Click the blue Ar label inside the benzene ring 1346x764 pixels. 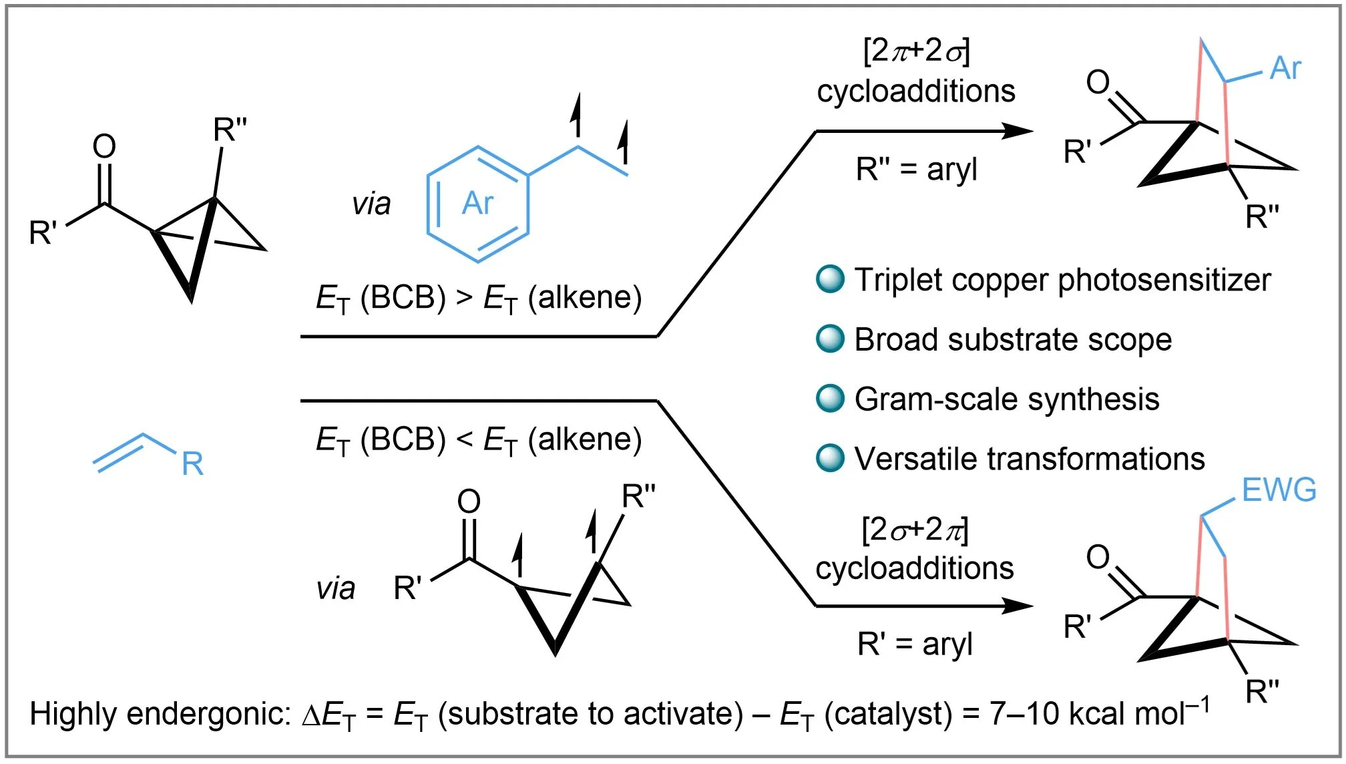click(x=478, y=203)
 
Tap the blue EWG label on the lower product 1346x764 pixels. click(x=1279, y=490)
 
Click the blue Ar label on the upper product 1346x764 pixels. click(x=1285, y=68)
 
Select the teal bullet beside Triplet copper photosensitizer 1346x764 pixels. click(x=830, y=279)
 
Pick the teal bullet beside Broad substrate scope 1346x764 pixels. click(x=830, y=339)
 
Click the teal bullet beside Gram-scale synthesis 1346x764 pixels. click(x=830, y=399)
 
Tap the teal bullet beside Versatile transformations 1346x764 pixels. click(x=830, y=458)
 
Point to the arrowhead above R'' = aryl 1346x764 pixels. click(x=1018, y=131)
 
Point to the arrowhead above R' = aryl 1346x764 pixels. click(x=1018, y=606)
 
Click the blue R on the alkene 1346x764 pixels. click(x=192, y=463)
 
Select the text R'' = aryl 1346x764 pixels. click(x=916, y=170)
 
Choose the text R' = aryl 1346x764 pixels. click(x=915, y=644)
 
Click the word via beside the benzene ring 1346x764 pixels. click(x=371, y=204)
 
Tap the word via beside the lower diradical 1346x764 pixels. click(x=335, y=588)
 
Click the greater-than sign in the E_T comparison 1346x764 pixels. click(x=464, y=297)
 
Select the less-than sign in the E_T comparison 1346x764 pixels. click(x=464, y=439)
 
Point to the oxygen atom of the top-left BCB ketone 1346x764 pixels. click(x=104, y=146)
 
